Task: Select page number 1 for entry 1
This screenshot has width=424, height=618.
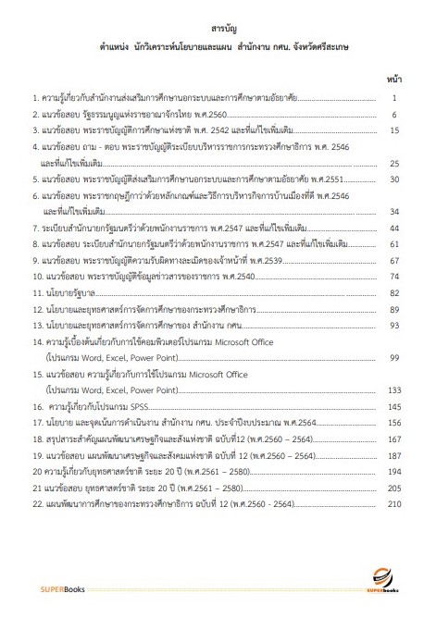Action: pyautogui.click(x=394, y=98)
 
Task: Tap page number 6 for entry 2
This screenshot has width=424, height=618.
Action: pyautogui.click(x=394, y=115)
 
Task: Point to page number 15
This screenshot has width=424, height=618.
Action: pyautogui.click(x=394, y=130)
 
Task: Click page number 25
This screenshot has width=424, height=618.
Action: pyautogui.click(x=394, y=163)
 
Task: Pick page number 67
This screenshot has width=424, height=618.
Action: pyautogui.click(x=394, y=260)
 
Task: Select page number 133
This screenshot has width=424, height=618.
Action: pyautogui.click(x=393, y=389)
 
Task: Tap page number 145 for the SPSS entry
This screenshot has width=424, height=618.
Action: pyautogui.click(x=393, y=406)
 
